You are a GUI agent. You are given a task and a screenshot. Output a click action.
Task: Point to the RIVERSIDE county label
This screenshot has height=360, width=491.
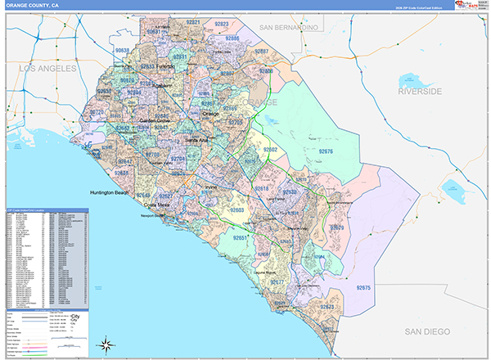pos(419,91)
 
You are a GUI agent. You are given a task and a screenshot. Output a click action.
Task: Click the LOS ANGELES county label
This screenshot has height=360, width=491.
pos(47,69)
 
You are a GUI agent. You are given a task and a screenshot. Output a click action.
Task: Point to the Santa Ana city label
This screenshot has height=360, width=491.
pos(192,141)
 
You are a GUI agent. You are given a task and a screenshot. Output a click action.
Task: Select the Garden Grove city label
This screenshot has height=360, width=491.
pos(154,121)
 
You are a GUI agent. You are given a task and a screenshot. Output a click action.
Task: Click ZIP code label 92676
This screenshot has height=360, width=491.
pos(325,152)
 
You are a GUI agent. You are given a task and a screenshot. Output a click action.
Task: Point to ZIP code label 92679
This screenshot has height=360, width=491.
pos(336,227)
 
